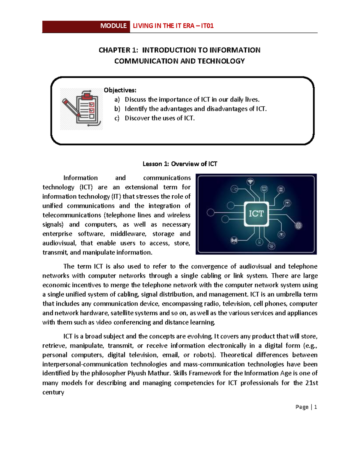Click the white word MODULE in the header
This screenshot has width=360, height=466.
tap(113, 26)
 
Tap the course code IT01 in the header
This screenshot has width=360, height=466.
tap(207, 26)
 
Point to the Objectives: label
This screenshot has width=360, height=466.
tap(120, 90)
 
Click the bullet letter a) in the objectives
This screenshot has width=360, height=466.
tap(117, 100)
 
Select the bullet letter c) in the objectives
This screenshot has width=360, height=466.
tap(117, 118)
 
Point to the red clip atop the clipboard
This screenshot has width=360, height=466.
tap(87, 95)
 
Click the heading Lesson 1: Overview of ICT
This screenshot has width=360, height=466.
tap(180, 164)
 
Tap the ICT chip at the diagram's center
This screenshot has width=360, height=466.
tap(256, 214)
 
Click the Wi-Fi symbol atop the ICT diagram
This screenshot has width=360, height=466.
tap(250, 182)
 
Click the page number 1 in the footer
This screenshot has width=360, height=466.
tap(315, 407)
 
